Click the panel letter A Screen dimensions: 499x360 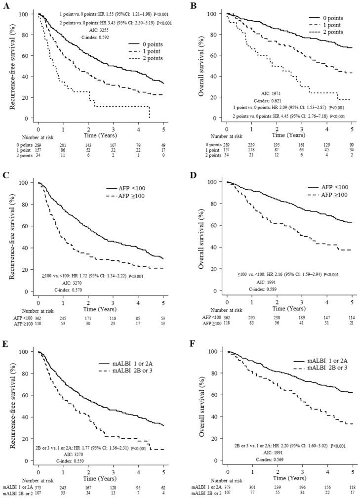pos(5,4)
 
